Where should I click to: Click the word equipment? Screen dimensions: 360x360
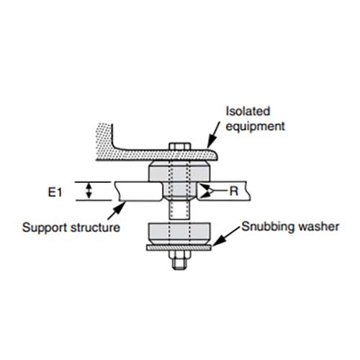(x=256, y=126)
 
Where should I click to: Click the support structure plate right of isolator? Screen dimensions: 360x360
(x=230, y=192)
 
